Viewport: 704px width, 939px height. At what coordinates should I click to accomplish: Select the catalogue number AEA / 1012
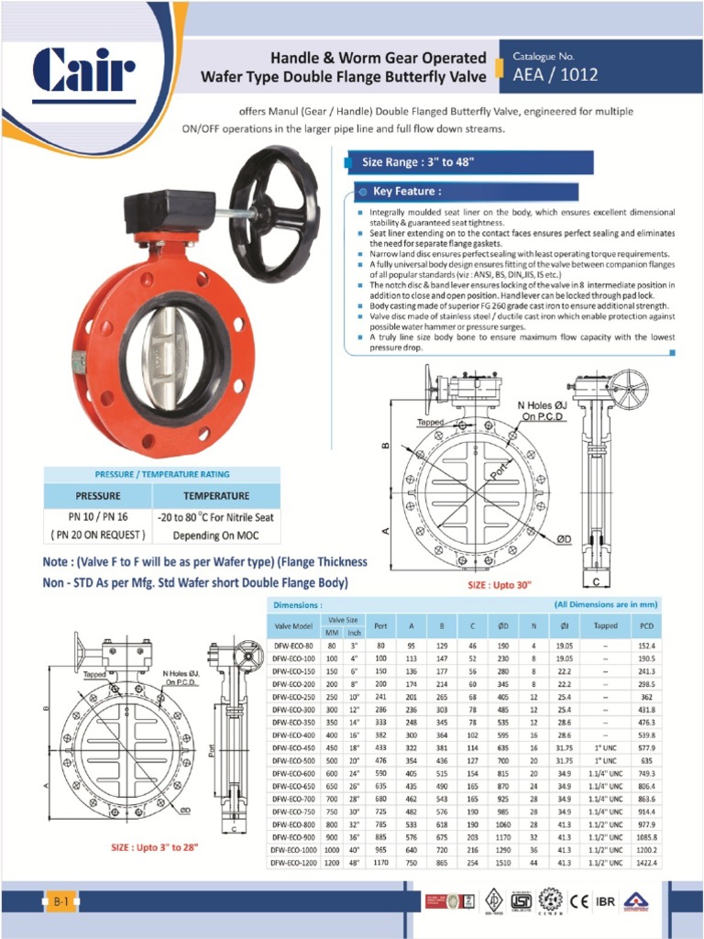pos(555,74)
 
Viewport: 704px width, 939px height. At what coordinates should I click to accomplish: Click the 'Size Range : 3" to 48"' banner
pos(417,162)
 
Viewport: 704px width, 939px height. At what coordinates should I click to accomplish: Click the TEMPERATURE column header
pos(216,495)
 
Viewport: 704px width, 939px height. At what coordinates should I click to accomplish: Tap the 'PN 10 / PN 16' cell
pos(98,516)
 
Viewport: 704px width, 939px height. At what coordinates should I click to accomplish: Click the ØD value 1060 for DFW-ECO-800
pos(503,824)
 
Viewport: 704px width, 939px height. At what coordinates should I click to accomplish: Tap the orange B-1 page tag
pos(60,902)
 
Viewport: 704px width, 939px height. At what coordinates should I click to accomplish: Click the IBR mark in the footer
pos(605,901)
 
